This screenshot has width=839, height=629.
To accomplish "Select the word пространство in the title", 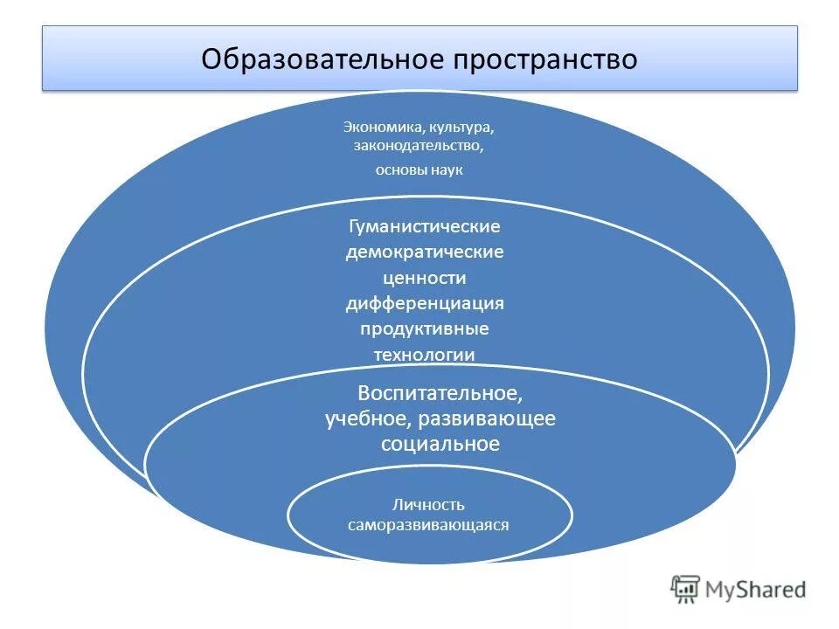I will click(x=543, y=59).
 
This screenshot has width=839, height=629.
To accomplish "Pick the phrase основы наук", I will click(x=419, y=169).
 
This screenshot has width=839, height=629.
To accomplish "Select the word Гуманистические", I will click(x=425, y=226).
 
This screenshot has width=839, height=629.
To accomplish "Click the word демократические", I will click(x=425, y=252).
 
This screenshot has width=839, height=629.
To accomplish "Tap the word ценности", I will click(x=425, y=278).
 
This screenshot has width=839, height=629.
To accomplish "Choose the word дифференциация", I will click(x=425, y=303).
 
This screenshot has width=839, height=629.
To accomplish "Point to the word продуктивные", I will click(x=425, y=328).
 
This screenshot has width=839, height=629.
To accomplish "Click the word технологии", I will click(x=425, y=354).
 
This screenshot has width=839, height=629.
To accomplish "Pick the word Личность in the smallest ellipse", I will click(x=428, y=505).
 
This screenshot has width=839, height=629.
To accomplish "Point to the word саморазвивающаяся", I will click(x=428, y=526).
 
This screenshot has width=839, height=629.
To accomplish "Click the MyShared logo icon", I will click(x=685, y=589).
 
